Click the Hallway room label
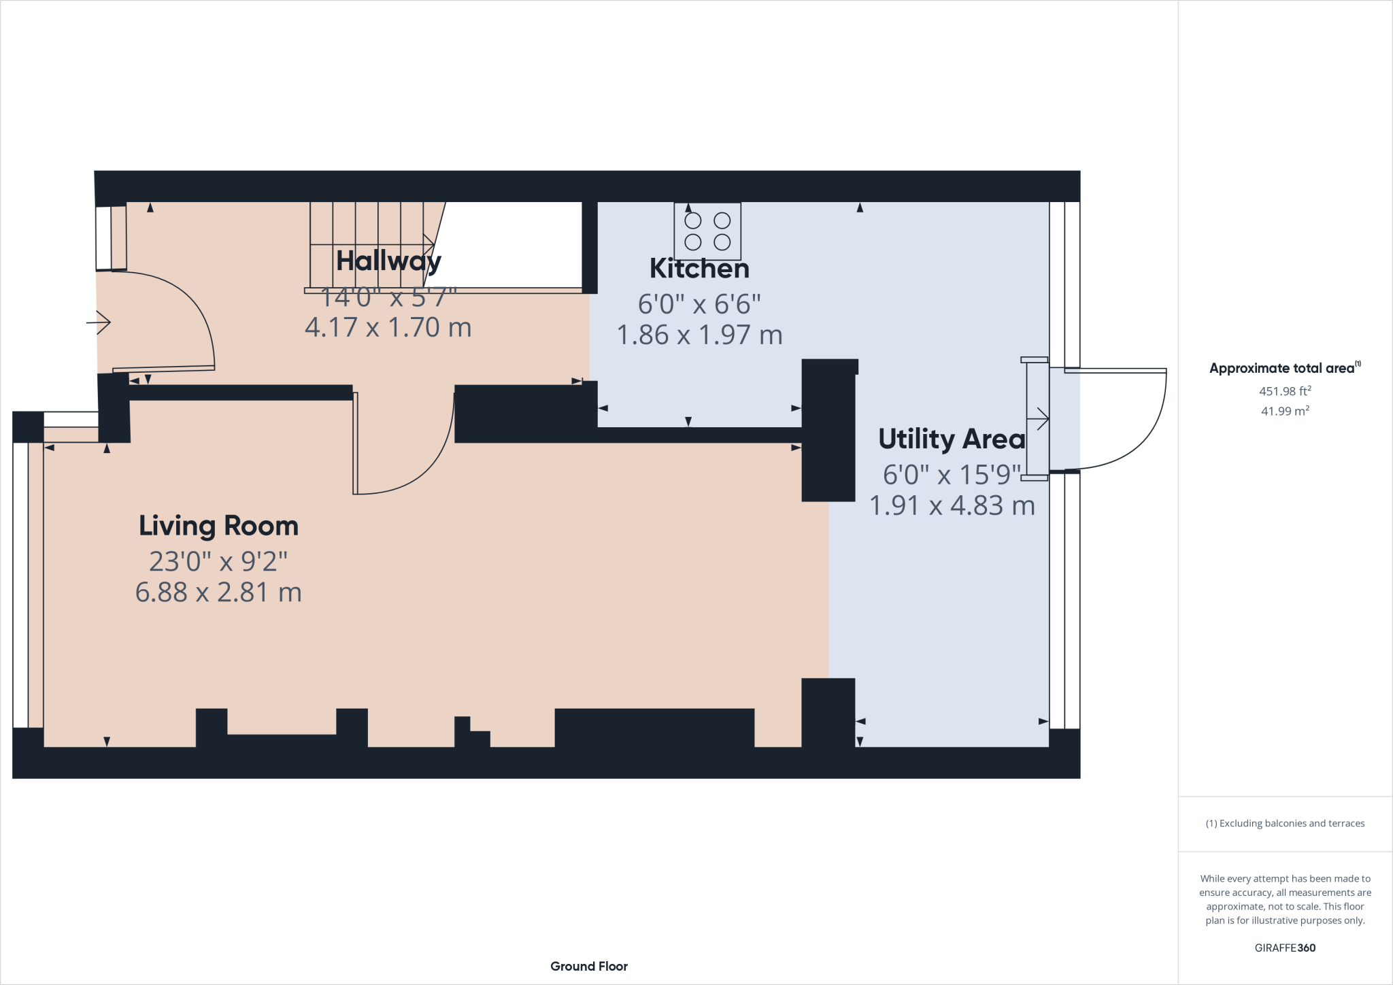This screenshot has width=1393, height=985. pos(388,261)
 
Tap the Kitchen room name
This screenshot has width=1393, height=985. pos(699,269)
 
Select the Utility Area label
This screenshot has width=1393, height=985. pos(951,439)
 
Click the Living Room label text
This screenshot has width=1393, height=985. pos(218,526)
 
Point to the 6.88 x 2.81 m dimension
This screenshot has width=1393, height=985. pos(218,592)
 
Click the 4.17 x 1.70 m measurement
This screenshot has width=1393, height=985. pos(388,328)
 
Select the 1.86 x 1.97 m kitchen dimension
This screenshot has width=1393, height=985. pos(699,335)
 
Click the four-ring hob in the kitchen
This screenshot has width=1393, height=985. pos(707,231)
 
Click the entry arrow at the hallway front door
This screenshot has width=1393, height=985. pos(99,322)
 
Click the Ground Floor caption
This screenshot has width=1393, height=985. pos(588,966)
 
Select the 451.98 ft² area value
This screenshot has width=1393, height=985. pos(1285,391)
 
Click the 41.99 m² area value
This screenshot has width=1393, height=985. pos(1285,411)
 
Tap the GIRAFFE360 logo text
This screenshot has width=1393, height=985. pos(1285,948)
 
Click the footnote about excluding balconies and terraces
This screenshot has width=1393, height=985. pos(1285,823)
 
